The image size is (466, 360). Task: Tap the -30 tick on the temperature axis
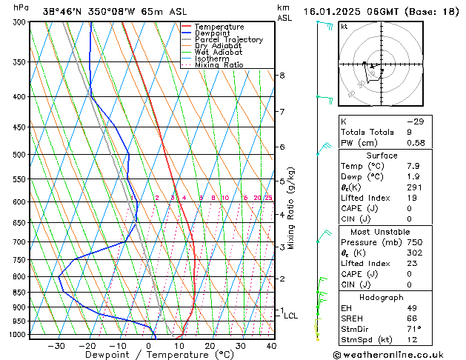pyautogui.click(x=56, y=346)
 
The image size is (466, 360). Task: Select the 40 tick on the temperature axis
pyautogui.click(x=271, y=346)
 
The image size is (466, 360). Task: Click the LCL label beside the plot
pyautogui.click(x=291, y=316)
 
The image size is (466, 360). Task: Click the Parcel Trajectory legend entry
pyautogui.click(x=228, y=39)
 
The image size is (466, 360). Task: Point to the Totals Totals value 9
pyautogui.click(x=409, y=132)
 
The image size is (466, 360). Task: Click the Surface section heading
pyautogui.click(x=382, y=156)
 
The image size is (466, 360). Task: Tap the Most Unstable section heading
pyautogui.click(x=382, y=232)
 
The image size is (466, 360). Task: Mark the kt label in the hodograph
pyautogui.click(x=344, y=27)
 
